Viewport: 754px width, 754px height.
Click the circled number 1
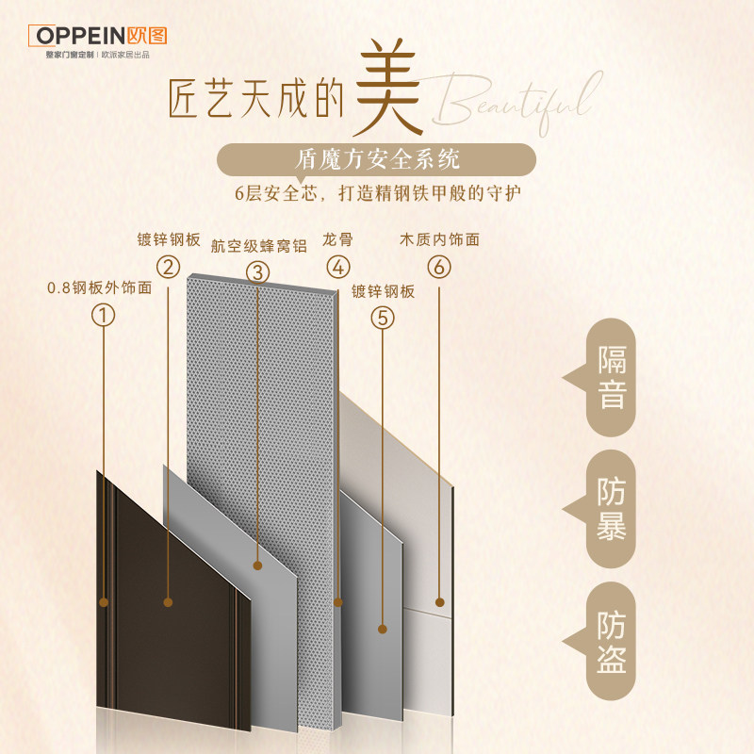104,314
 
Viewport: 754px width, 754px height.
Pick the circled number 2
168,267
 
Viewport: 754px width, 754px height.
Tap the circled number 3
258,272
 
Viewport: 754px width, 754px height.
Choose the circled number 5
382,318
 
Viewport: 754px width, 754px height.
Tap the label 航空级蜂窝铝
259,245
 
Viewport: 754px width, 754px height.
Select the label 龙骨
336,240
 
